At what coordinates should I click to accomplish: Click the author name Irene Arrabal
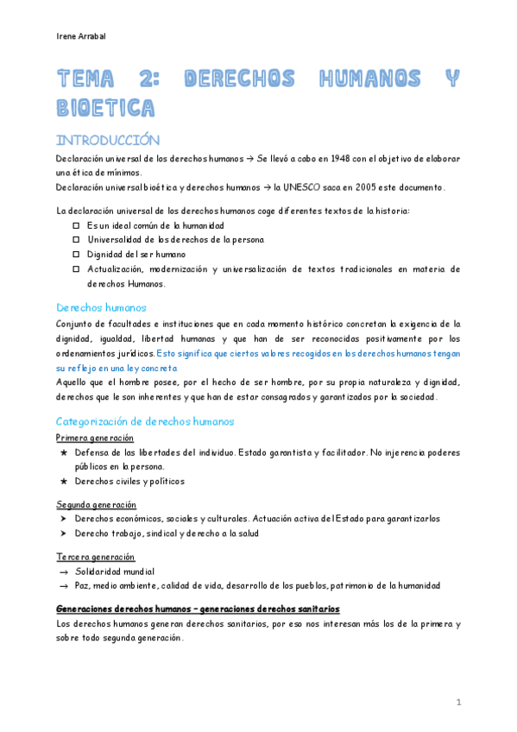pos(79,36)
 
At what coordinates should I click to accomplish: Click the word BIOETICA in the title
pos(105,108)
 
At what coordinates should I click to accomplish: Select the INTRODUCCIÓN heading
pos(108,140)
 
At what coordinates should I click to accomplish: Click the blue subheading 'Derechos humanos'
pos(101,307)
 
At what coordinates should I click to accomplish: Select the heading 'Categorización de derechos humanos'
pos(144,421)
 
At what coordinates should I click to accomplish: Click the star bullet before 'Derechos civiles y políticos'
pos(64,481)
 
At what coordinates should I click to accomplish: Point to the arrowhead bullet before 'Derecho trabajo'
pos(64,533)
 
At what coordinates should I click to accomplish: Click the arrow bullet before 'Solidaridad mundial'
pos(64,571)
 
